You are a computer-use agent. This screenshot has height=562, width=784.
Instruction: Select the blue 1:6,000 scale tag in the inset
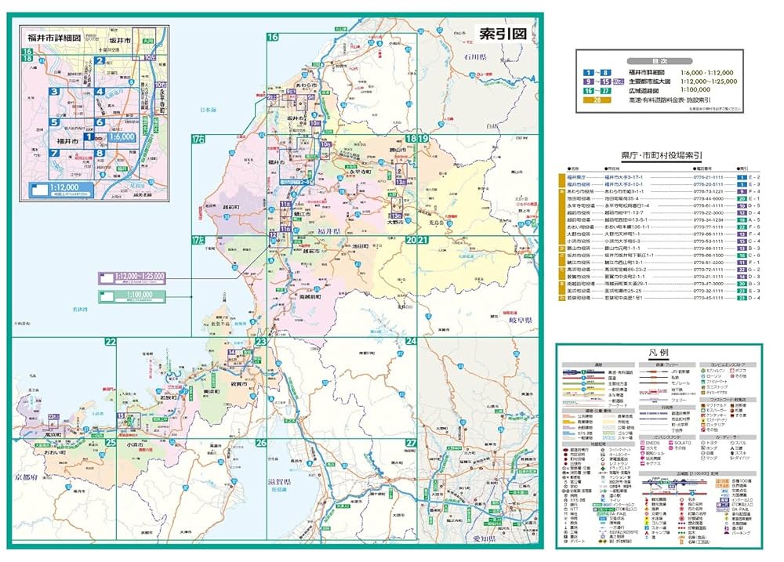117,136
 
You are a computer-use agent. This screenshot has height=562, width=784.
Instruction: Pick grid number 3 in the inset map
53,91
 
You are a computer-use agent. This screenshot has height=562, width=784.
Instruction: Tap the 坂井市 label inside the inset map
119,39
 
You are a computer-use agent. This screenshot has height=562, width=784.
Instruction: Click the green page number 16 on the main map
273,37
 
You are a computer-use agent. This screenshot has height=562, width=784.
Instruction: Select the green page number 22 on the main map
111,342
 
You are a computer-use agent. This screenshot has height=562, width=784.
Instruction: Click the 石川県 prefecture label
474,57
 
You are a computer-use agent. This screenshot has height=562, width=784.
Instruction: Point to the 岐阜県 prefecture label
518,321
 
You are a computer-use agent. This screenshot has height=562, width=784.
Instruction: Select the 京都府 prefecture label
26,476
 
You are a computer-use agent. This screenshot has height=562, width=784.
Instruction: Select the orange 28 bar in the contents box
598,100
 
